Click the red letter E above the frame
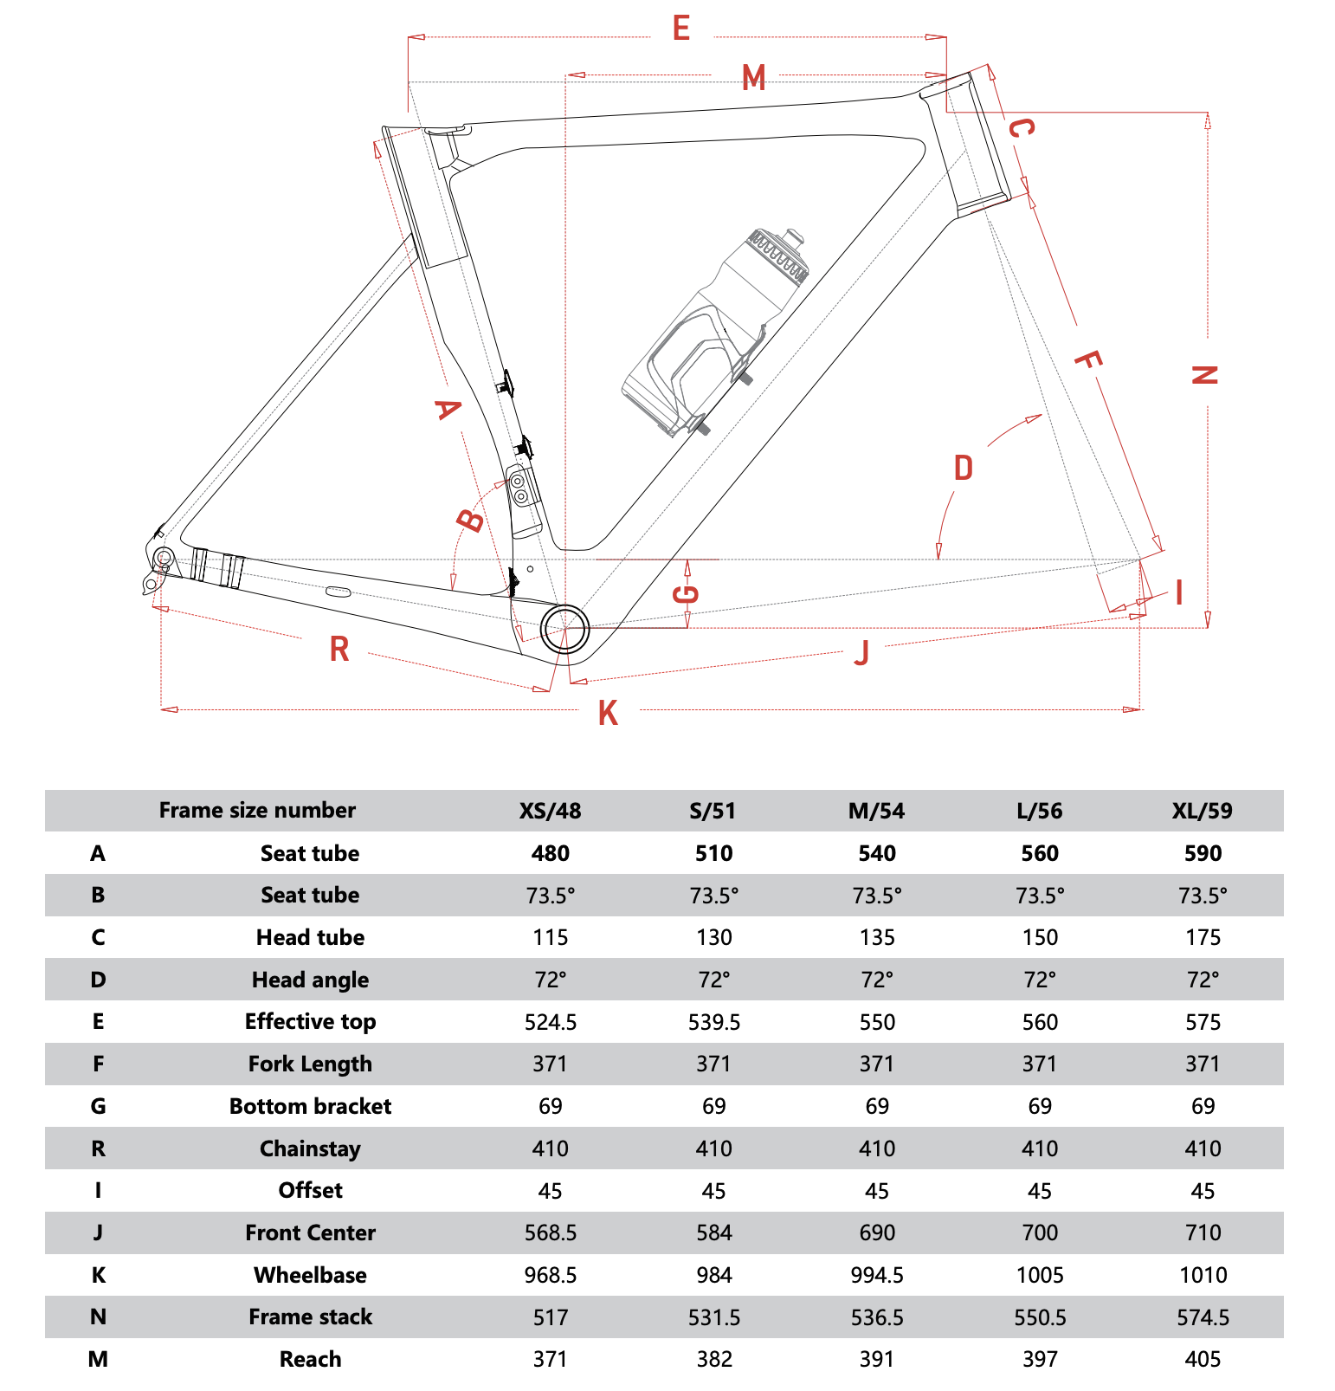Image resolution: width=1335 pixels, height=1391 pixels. pos(681,29)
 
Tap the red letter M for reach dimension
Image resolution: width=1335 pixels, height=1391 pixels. pos(754,78)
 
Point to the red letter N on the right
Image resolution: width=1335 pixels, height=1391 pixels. pos(1204,375)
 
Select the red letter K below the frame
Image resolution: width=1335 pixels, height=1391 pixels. pos(608,713)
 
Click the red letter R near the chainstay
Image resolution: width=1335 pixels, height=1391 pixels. pos(339,649)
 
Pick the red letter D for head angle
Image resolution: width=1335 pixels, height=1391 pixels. pos(964,468)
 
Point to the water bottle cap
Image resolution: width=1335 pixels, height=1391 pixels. pos(792,236)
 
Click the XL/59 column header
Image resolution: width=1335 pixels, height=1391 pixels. pos(1202,811)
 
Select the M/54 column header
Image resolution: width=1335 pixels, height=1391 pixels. pos(876,811)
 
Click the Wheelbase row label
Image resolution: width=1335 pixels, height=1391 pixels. pos(310,1275)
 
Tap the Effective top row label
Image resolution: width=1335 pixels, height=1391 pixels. pos(310,1021)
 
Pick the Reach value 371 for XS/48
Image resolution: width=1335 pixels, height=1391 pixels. pos(550,1359)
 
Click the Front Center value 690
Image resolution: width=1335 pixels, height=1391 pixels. pos(876,1232)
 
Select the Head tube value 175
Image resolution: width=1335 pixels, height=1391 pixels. pos(1203,937)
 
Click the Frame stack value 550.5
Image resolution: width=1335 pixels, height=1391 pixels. pos(1040,1317)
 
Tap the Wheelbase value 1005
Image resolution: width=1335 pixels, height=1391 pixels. pos(1040,1275)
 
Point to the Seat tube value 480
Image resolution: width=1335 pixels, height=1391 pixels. pos(550,853)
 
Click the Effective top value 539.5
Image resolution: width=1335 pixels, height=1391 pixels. pos(713,1022)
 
